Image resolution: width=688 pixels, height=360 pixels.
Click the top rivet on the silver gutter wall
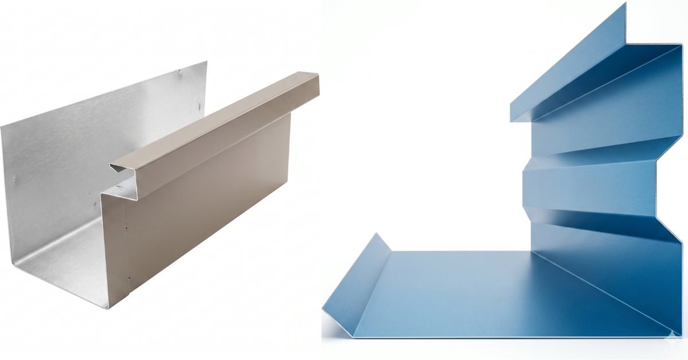[x=181, y=72]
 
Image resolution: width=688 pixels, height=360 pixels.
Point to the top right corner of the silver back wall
[x=206, y=62]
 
